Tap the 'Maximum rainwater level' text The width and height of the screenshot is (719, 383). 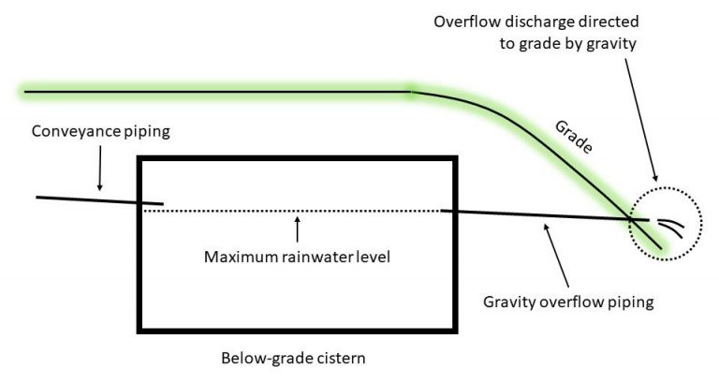pyautogui.click(x=298, y=255)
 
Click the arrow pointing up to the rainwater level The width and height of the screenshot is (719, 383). pyautogui.click(x=298, y=229)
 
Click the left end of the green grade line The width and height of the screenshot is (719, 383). pyautogui.click(x=26, y=92)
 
